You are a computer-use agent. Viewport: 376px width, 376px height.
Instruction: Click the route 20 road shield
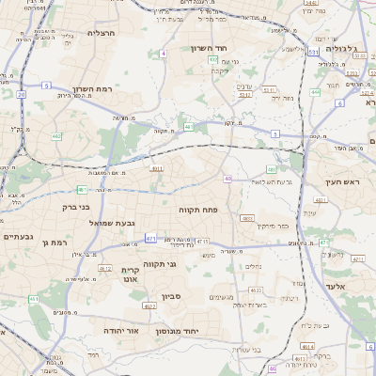tap(21, 94)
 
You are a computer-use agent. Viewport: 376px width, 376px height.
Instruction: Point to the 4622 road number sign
tap(149, 305)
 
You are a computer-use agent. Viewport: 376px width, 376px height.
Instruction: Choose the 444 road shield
tap(315, 92)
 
